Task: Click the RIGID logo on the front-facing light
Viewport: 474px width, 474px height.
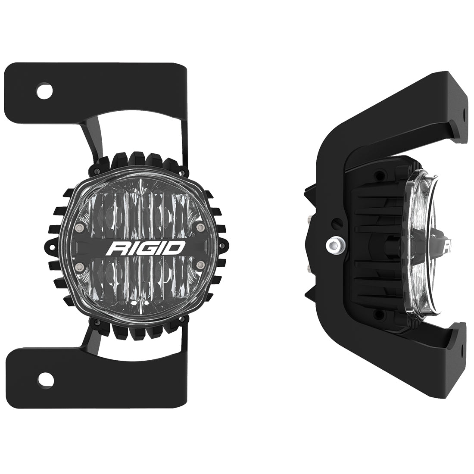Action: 148,248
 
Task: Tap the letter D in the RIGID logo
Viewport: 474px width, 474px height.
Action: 177,248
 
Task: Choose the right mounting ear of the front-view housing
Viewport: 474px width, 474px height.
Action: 224,247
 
